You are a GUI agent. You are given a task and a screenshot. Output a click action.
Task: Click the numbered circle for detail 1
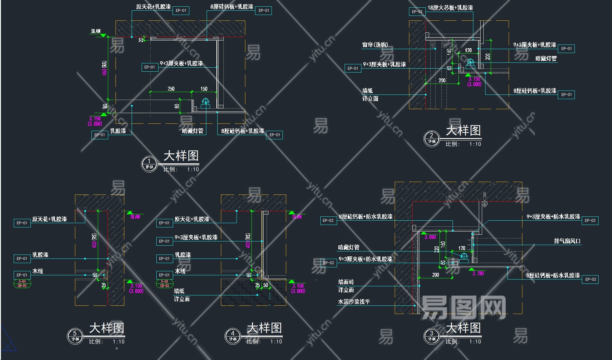[x=149, y=164]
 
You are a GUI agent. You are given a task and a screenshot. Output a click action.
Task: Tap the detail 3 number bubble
[x=432, y=336]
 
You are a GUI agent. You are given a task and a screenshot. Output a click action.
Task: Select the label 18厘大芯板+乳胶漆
[x=450, y=8]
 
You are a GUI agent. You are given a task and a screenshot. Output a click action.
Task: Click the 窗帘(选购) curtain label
[x=375, y=45]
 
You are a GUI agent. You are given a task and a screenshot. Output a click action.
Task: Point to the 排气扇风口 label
[x=567, y=241]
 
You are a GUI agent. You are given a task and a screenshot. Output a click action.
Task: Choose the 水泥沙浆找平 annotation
[x=354, y=302]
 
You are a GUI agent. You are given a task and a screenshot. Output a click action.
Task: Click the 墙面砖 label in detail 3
[x=346, y=282]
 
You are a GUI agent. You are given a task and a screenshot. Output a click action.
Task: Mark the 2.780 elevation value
[x=478, y=273]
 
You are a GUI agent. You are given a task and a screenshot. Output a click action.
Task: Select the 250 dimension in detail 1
[x=171, y=89]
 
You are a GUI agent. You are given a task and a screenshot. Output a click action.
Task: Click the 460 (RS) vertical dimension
[x=105, y=68]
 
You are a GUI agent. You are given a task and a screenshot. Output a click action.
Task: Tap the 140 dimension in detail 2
[x=449, y=52]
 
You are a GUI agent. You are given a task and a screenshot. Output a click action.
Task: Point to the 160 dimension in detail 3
[x=443, y=244]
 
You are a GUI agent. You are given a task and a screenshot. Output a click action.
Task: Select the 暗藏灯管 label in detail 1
[x=193, y=131]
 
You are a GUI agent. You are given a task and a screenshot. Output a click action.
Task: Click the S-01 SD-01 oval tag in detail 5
[x=22, y=284]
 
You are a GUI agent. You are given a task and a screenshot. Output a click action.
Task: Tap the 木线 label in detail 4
[x=180, y=271]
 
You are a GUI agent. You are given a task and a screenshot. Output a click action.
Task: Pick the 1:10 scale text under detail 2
[x=475, y=144]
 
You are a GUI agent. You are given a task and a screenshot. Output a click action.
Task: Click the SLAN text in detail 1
[x=96, y=31]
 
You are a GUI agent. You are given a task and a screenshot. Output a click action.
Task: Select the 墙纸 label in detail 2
[x=368, y=91]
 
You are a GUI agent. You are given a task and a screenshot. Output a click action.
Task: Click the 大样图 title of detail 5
[x=107, y=328]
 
